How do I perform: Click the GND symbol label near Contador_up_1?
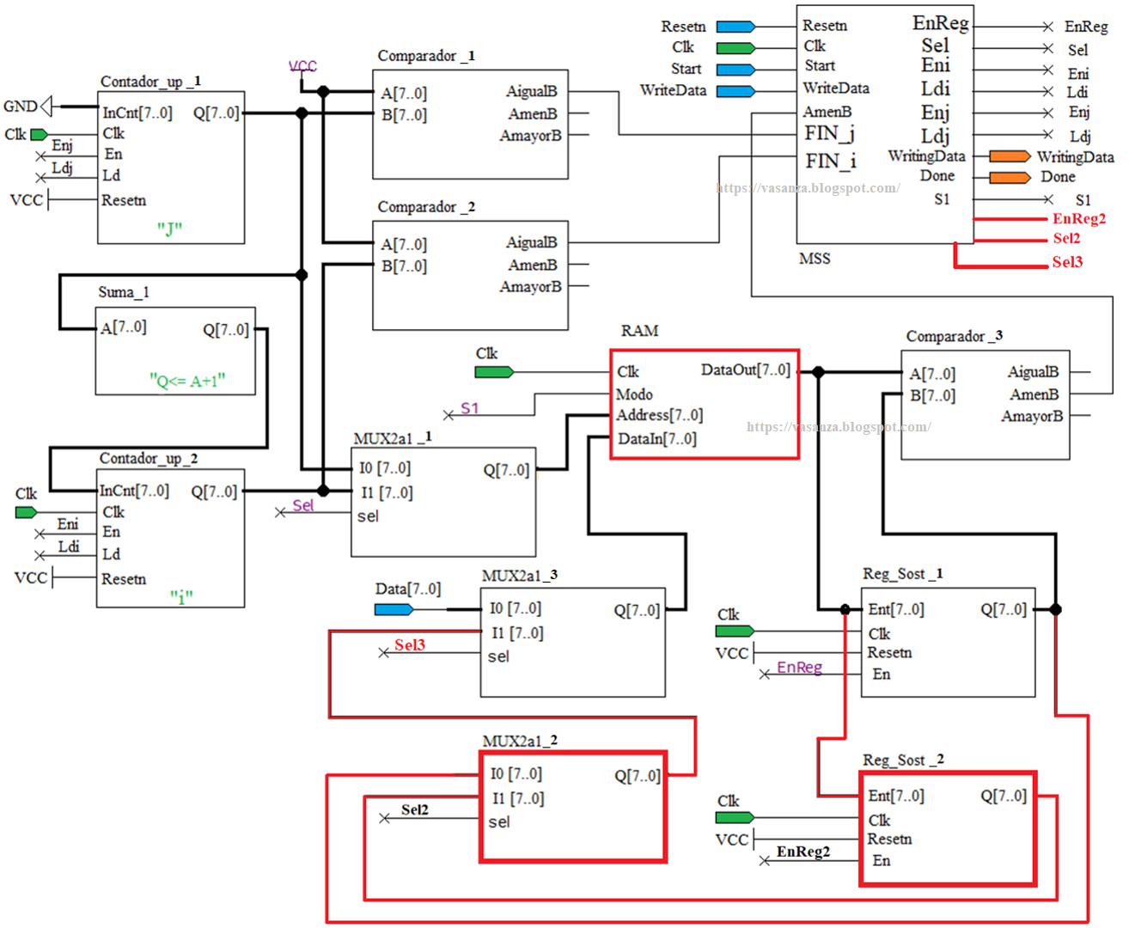(x=21, y=107)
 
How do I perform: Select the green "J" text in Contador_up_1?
(x=169, y=229)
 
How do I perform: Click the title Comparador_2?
(x=426, y=207)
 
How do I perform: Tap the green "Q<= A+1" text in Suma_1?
(x=186, y=380)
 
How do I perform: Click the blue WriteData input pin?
(x=735, y=91)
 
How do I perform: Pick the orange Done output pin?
(x=1010, y=178)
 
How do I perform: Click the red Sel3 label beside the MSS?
(x=1067, y=262)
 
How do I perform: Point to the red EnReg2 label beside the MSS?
(x=1078, y=219)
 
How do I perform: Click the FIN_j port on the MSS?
(x=829, y=133)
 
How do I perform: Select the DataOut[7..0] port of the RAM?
(x=745, y=370)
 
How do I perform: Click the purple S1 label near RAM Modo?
(x=469, y=408)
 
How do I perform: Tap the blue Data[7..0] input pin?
(x=394, y=609)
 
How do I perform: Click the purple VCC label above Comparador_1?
(x=302, y=66)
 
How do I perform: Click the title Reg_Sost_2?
(x=903, y=760)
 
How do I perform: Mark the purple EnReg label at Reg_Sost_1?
(x=799, y=668)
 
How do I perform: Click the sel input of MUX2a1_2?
(x=499, y=822)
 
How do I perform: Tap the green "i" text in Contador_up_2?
(x=180, y=596)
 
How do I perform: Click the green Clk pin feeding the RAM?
(x=494, y=372)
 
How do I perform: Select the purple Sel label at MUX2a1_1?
(x=303, y=505)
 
